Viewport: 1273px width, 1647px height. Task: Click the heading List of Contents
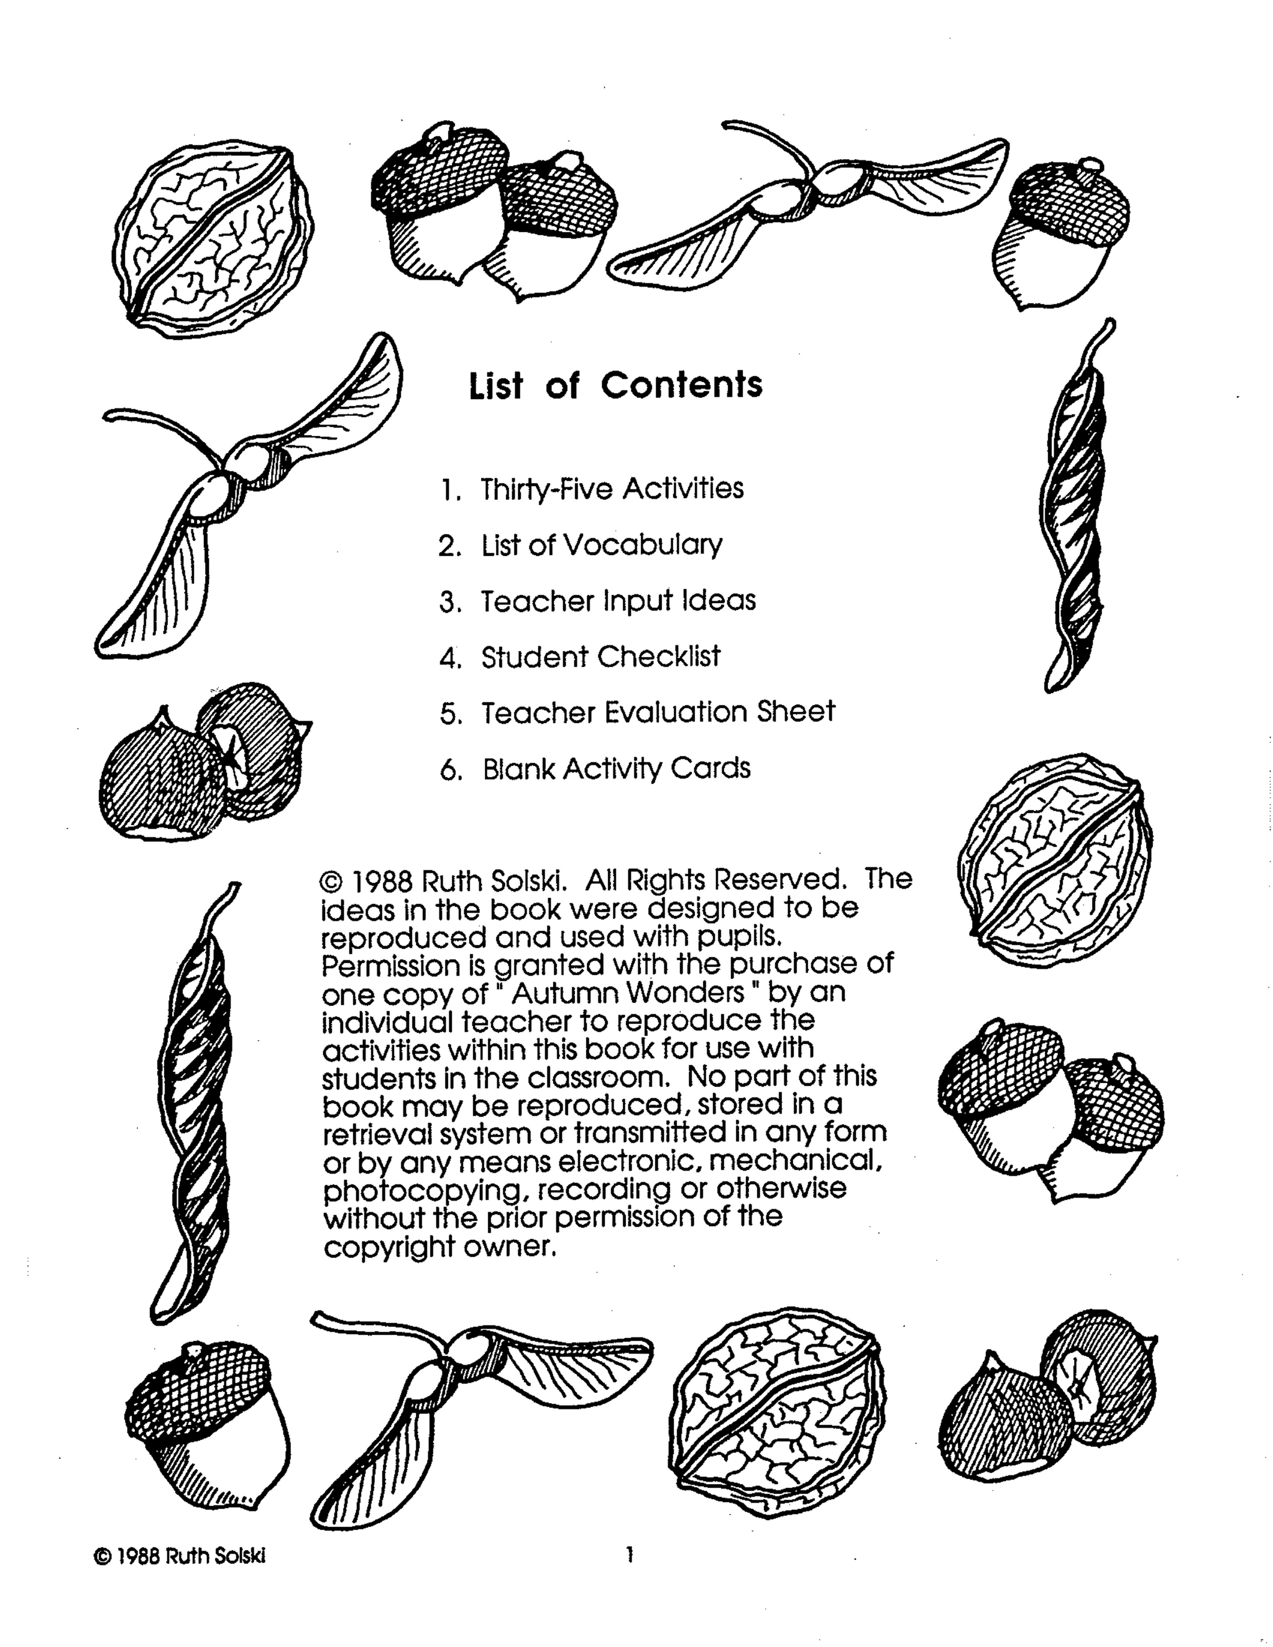click(615, 385)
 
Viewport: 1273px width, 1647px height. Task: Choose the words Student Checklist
click(600, 657)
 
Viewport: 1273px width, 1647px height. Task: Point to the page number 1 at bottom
click(629, 1554)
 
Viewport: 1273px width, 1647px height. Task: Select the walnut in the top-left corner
click(213, 236)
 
